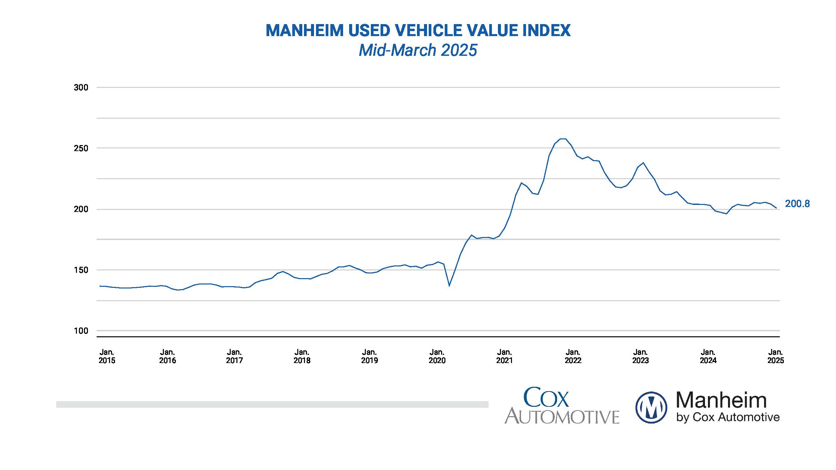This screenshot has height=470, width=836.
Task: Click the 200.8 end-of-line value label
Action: click(x=797, y=204)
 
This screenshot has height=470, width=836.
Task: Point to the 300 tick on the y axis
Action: click(x=81, y=88)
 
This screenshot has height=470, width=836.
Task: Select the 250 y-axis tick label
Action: click(x=81, y=148)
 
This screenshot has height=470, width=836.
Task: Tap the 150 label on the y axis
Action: click(x=81, y=270)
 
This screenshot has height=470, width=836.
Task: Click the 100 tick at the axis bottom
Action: click(x=81, y=331)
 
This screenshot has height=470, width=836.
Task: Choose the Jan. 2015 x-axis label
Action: click(x=107, y=356)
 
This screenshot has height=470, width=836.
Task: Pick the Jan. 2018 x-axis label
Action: click(x=302, y=356)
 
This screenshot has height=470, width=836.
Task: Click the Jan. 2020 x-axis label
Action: click(x=437, y=356)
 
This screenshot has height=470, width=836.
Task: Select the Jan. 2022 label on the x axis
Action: click(x=573, y=356)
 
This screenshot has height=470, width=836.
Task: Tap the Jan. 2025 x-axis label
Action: click(x=775, y=356)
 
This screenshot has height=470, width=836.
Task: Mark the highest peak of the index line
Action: click(x=562, y=139)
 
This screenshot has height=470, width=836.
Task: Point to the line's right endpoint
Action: click(x=776, y=208)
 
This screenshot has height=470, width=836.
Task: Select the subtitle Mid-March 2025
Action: click(x=418, y=50)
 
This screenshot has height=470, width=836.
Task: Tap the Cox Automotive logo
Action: click(x=561, y=405)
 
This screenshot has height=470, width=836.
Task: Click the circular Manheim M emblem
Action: click(x=651, y=407)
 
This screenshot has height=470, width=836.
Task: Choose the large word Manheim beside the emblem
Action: click(x=721, y=400)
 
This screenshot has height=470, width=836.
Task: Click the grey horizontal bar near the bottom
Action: click(x=272, y=404)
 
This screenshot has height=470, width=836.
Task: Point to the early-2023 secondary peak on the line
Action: click(x=643, y=163)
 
